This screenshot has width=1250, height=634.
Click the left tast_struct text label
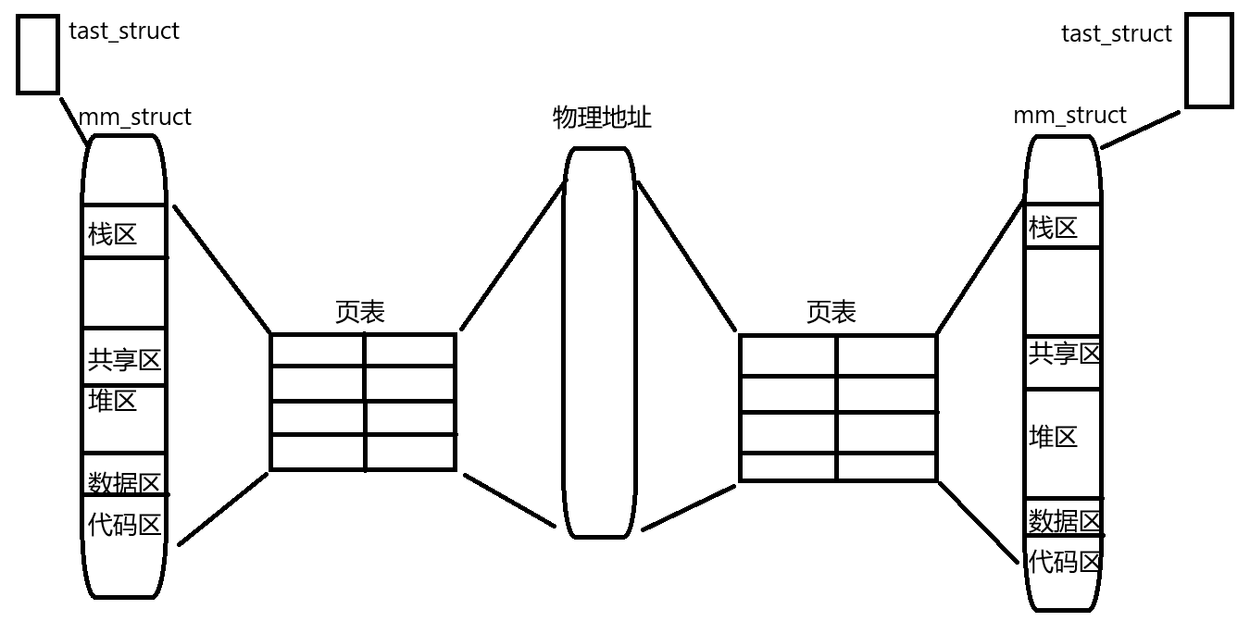[x=124, y=31]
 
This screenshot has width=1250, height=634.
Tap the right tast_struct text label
[x=1116, y=34]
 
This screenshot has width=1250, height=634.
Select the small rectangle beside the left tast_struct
[x=38, y=55]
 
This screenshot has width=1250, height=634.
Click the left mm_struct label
[x=134, y=118]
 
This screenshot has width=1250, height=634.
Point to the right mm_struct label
[x=1069, y=116]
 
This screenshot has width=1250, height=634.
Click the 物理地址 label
[x=602, y=118]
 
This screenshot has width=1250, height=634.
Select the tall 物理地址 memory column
[x=600, y=342]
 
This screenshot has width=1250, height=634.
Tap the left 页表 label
[x=359, y=312]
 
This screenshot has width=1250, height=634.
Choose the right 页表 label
[x=831, y=312]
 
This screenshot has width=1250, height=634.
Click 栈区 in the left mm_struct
[x=112, y=234]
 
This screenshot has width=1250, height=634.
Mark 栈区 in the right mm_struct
[x=1053, y=228]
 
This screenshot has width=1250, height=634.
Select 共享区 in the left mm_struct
[x=124, y=360]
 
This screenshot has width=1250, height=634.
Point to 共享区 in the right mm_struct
[x=1064, y=353]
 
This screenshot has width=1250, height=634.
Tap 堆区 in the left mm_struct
[x=112, y=401]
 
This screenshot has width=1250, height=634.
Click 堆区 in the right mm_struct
[x=1053, y=437]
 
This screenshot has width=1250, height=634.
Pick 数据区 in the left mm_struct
[x=124, y=482]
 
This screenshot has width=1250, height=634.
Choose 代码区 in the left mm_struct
[x=124, y=525]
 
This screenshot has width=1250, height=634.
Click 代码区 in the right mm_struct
[x=1064, y=561]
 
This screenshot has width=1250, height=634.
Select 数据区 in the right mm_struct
[x=1064, y=521]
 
